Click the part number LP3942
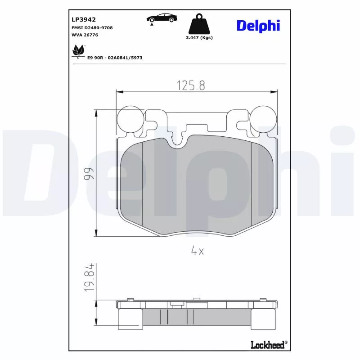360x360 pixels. tap(84, 19)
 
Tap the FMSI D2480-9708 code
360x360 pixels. tap(92, 28)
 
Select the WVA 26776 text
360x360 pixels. tap(85, 35)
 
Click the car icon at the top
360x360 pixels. tap(162, 18)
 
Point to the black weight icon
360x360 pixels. tap(199, 24)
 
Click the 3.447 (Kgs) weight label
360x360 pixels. tap(199, 37)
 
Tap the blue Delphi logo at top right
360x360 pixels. tap(258, 26)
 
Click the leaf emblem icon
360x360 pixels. tap(78, 51)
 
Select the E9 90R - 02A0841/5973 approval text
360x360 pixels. tap(115, 58)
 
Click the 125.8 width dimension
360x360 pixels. tap(191, 85)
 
